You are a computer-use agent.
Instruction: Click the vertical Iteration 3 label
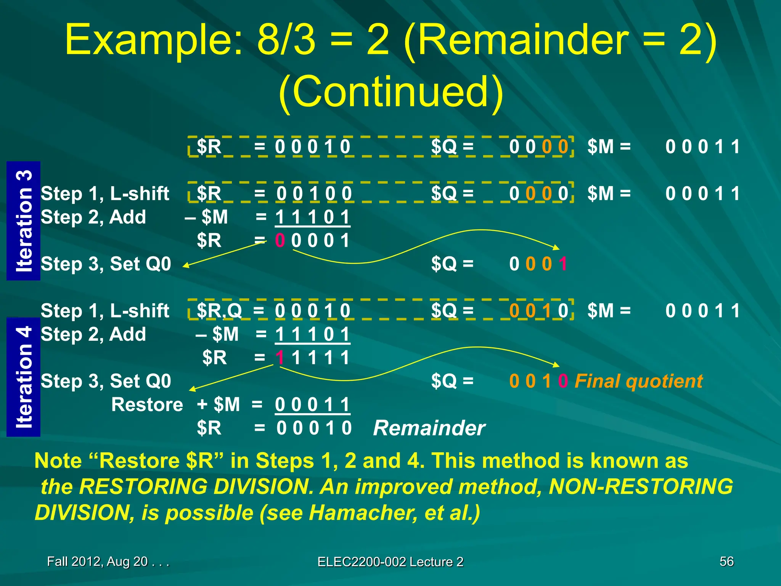(x=24, y=221)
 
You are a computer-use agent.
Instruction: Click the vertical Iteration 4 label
(x=24, y=377)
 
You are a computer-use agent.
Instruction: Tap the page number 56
(x=726, y=561)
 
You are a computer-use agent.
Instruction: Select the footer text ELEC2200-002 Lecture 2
(x=390, y=562)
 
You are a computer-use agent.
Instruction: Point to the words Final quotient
(x=638, y=381)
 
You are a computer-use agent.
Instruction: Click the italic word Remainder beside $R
(x=429, y=428)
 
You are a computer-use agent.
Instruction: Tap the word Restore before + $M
(x=147, y=404)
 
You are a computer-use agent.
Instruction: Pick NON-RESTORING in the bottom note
(x=641, y=486)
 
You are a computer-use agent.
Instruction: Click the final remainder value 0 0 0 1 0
(x=313, y=428)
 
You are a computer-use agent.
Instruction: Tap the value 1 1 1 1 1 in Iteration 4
(x=312, y=358)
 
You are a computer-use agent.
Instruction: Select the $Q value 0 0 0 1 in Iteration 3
(x=538, y=264)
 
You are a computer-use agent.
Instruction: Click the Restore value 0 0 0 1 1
(x=312, y=404)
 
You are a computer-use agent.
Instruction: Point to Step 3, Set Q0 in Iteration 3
(x=106, y=264)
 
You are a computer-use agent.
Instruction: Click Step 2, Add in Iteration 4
(x=93, y=334)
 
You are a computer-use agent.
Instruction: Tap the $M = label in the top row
(x=609, y=146)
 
